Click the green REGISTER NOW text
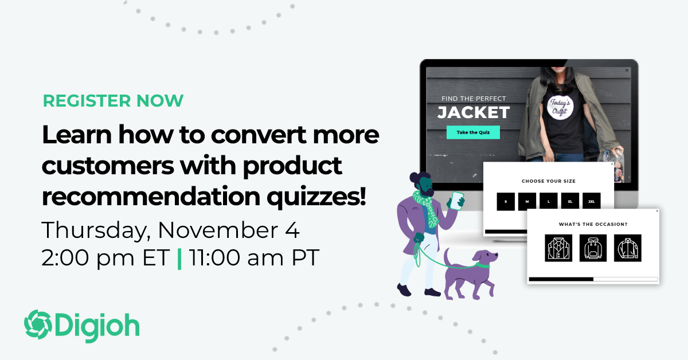pyautogui.click(x=113, y=100)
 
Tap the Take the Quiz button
pyautogui.click(x=473, y=132)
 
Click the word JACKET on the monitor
pyautogui.click(x=473, y=112)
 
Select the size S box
pyautogui.click(x=506, y=202)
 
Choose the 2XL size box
pyautogui.click(x=591, y=202)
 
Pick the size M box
pyautogui.click(x=527, y=202)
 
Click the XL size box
pyautogui.click(x=570, y=202)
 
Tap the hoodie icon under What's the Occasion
pyautogui.click(x=593, y=248)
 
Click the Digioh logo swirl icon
pyautogui.click(x=37, y=324)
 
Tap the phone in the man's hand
pyautogui.click(x=457, y=200)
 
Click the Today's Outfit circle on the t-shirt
pyautogui.click(x=556, y=107)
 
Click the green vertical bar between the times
pyautogui.click(x=179, y=258)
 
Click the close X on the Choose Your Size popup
pyautogui.click(x=612, y=165)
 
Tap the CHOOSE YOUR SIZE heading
pyautogui.click(x=548, y=181)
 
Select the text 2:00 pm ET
pyautogui.click(x=105, y=258)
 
